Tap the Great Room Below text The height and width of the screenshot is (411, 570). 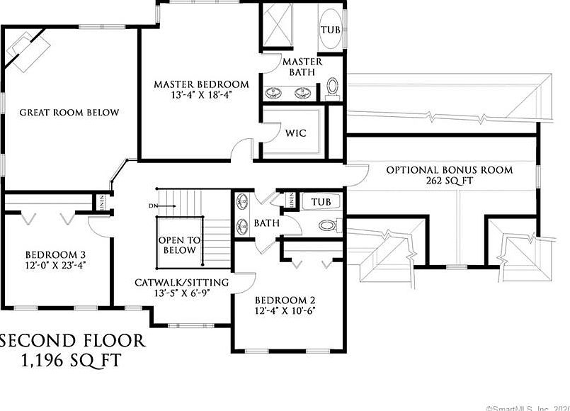click(69, 113)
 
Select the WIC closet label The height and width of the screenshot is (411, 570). click(295, 133)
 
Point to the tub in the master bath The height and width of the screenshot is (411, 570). click(331, 30)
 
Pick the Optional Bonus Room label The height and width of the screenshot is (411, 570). click(449, 170)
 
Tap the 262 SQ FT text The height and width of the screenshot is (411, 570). click(449, 182)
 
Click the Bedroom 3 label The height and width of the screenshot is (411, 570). click(56, 255)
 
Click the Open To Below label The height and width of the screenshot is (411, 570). click(179, 245)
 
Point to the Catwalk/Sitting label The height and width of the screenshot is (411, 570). click(182, 283)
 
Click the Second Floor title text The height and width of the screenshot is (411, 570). click(73, 341)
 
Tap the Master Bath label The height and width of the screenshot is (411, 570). click(302, 67)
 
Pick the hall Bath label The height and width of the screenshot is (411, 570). click(266, 223)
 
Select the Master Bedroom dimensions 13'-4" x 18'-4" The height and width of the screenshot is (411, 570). click(202, 94)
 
